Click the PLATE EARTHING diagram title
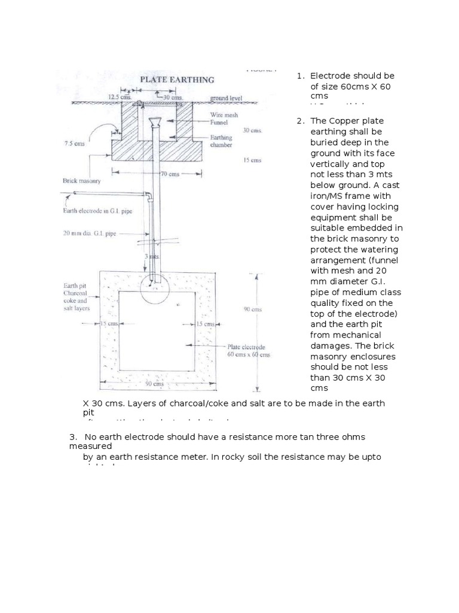click(178, 79)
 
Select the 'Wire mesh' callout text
click(223, 114)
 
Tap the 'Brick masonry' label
click(82, 180)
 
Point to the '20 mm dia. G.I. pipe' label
click(89, 234)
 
